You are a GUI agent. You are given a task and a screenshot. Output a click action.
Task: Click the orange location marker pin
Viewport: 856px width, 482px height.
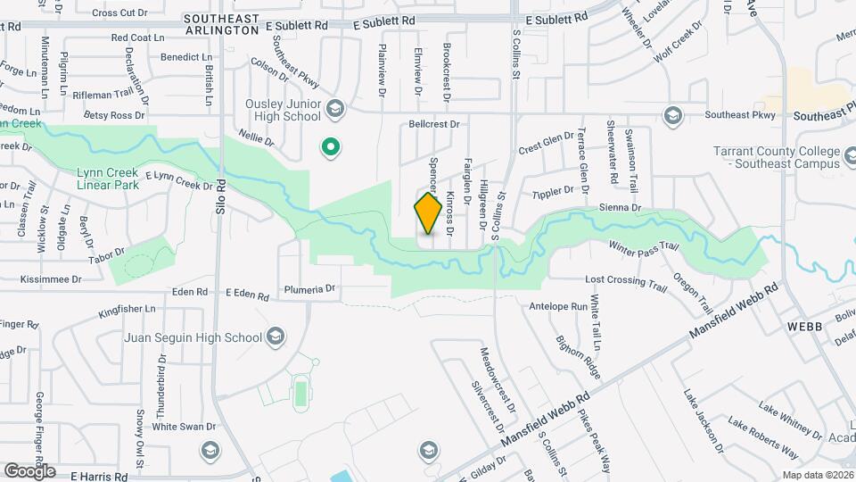428,212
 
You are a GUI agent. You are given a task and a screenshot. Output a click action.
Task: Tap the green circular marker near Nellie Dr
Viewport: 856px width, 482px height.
331,147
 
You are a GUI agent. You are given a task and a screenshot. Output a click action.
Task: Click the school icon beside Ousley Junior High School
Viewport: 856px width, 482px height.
335,110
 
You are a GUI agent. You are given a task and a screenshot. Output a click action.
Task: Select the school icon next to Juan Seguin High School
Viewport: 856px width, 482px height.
276,337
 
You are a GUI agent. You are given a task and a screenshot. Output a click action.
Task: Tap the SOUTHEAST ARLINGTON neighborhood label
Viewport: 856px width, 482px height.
221,24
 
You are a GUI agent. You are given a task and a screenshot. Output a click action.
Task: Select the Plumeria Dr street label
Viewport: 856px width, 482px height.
309,289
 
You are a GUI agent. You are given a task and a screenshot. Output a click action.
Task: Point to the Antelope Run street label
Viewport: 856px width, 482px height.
558,306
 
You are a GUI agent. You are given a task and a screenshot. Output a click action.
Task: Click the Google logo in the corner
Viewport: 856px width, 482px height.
29,470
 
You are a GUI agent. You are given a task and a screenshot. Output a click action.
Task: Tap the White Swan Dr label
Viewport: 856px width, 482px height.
185,427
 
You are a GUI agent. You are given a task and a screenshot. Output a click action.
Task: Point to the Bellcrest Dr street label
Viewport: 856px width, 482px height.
434,124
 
